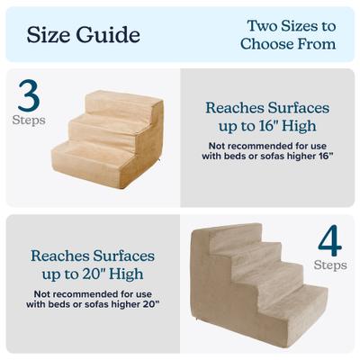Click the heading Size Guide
pos(83,35)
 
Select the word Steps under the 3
pos(28,120)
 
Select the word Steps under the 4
pos(329,265)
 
